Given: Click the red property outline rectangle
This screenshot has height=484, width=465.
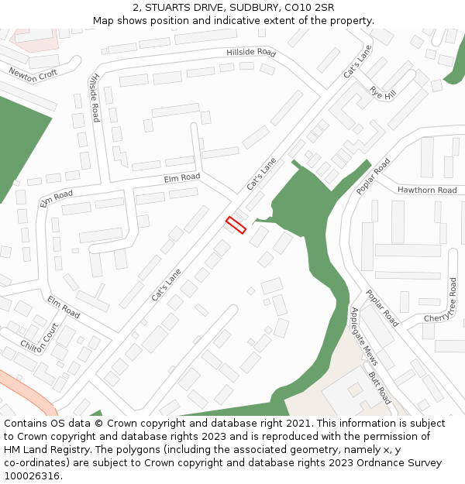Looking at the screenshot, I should tap(236, 225).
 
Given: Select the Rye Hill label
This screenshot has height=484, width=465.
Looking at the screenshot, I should tap(383, 93).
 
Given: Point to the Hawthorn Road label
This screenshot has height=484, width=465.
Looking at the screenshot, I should tap(427, 190).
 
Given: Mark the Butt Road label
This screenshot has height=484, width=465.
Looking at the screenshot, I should tap(380, 387).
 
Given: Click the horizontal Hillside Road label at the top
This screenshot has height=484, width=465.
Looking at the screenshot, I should tap(251, 53).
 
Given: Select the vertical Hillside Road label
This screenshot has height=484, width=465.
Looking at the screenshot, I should tap(94, 98).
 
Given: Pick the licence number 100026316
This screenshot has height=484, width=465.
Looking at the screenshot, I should tap(33, 475).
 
